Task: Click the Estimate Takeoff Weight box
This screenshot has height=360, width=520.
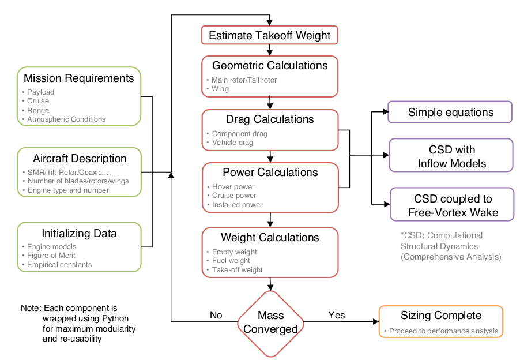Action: click(x=270, y=35)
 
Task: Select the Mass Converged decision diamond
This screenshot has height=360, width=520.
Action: click(x=270, y=324)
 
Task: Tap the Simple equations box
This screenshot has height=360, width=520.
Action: click(x=450, y=112)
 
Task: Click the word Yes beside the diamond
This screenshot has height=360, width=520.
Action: click(x=337, y=315)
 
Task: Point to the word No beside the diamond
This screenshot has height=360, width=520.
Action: click(x=216, y=315)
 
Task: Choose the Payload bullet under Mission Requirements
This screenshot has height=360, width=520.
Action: click(x=38, y=92)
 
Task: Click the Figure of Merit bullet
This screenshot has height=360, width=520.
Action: click(x=49, y=255)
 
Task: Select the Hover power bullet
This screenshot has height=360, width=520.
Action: click(x=231, y=186)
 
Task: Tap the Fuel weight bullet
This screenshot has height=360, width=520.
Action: click(x=228, y=260)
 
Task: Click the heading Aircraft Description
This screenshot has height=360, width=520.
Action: click(x=80, y=158)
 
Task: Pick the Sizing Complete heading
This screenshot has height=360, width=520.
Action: click(x=441, y=315)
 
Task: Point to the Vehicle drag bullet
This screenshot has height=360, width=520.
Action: click(x=230, y=142)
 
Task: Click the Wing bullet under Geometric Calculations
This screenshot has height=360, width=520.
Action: click(x=218, y=89)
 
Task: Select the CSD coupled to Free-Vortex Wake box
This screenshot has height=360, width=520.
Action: click(x=452, y=204)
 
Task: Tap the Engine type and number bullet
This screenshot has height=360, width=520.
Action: click(x=66, y=190)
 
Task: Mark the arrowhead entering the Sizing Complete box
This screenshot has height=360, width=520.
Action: click(x=376, y=321)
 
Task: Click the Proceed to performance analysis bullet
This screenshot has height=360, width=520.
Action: click(x=441, y=331)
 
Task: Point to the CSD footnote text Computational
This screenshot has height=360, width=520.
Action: click(x=455, y=235)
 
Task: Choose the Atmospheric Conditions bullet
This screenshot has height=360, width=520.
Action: click(x=63, y=119)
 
